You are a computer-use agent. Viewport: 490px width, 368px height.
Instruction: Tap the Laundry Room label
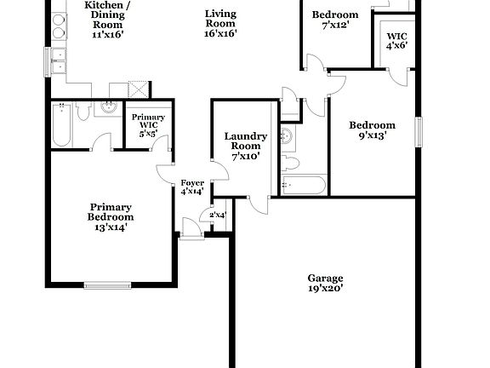(x=246, y=146)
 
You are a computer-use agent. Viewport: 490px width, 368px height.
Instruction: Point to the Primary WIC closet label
(x=147, y=125)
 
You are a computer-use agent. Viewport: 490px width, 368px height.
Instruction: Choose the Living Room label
(x=219, y=24)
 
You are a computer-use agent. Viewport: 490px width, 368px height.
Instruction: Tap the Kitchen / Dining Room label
(x=107, y=20)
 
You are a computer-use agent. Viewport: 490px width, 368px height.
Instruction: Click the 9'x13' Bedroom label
(x=373, y=129)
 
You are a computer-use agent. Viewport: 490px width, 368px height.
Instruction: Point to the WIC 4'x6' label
(x=397, y=41)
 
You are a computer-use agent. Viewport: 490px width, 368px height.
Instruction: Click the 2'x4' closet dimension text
(x=218, y=215)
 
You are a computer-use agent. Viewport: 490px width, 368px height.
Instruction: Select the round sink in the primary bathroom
(x=110, y=107)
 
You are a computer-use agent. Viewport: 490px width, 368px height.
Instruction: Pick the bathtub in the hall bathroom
(x=303, y=185)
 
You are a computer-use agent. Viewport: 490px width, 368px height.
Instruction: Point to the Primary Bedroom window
(x=107, y=284)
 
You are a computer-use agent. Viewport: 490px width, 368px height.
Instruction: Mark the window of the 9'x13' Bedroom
(x=419, y=131)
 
